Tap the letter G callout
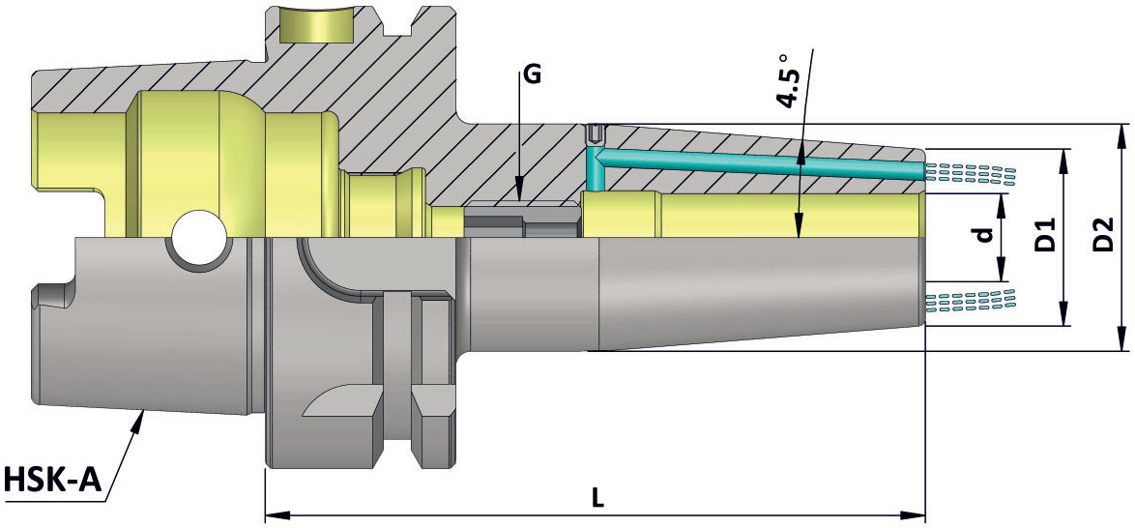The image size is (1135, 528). (532, 75)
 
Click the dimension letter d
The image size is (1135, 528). (982, 237)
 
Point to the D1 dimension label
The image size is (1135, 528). (1043, 235)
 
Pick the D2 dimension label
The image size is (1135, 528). (1102, 235)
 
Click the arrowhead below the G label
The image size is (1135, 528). (520, 194)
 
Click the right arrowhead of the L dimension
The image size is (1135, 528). (913, 516)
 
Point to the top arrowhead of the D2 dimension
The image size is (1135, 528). (1122, 137)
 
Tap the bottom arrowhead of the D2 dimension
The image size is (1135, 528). (1122, 338)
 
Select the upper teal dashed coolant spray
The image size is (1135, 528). (971, 172)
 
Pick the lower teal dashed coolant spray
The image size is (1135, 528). (971, 301)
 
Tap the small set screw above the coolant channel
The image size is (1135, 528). (595, 134)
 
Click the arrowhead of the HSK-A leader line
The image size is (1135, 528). (135, 423)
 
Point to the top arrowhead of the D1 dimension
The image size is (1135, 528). (1063, 162)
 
